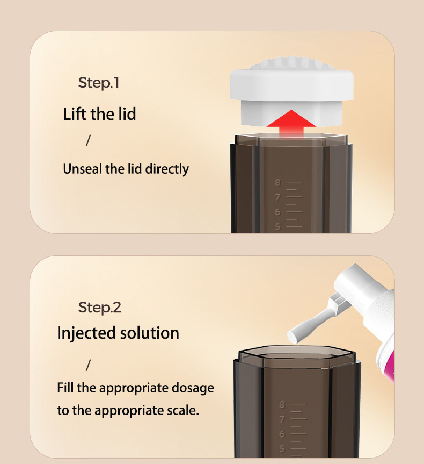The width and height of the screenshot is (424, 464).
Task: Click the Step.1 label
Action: coord(99,83)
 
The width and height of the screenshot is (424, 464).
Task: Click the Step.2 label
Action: coord(100,308)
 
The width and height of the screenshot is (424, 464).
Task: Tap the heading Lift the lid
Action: coord(99,114)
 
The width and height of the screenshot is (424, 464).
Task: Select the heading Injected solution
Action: coord(118,333)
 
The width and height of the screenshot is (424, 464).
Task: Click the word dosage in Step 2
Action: coord(192,388)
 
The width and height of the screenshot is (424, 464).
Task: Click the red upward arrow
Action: coord(291,122)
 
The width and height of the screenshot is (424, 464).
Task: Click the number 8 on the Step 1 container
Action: coord(277,183)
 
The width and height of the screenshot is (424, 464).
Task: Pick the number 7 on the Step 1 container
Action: coord(277,197)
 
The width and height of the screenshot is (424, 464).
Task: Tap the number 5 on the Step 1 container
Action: coord(277,226)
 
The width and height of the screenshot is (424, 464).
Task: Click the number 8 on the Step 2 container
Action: coord(282,404)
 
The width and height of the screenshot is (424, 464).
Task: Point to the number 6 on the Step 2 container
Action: coord(282,434)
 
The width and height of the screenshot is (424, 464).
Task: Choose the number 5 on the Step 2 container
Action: coord(282,448)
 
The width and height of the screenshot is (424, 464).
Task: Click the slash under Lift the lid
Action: coord(89,140)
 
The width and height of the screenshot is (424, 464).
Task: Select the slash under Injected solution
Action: coord(89,366)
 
